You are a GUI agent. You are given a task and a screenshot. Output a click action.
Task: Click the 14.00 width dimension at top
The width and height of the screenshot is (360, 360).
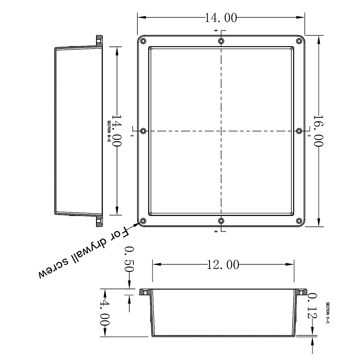(x=221, y=18)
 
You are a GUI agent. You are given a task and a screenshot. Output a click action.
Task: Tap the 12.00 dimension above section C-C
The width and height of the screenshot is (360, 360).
(x=223, y=265)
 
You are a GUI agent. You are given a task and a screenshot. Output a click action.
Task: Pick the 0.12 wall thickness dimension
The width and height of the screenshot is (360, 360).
(x=312, y=306)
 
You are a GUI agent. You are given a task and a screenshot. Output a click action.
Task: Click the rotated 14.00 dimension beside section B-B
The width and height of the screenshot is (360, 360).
(x=117, y=131)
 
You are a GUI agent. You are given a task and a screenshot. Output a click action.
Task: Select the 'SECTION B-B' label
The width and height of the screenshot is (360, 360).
(x=109, y=131)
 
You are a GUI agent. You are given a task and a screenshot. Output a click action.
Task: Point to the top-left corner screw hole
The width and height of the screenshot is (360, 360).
(x=143, y=41)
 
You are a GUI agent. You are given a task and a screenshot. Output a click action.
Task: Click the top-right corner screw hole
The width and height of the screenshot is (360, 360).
(x=299, y=41)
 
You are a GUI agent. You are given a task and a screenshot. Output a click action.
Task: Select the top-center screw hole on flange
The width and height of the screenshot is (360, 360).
(x=221, y=41)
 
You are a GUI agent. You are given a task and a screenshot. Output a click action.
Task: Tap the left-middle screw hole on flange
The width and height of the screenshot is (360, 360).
(x=143, y=131)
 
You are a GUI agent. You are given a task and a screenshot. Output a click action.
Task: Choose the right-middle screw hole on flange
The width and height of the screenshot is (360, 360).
(x=299, y=131)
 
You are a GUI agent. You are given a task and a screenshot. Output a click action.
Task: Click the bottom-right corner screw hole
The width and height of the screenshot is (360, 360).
(x=299, y=221)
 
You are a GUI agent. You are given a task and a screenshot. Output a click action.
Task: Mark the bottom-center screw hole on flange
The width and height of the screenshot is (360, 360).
(x=221, y=221)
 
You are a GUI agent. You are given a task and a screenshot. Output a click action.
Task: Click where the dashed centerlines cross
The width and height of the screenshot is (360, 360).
(x=221, y=131)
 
